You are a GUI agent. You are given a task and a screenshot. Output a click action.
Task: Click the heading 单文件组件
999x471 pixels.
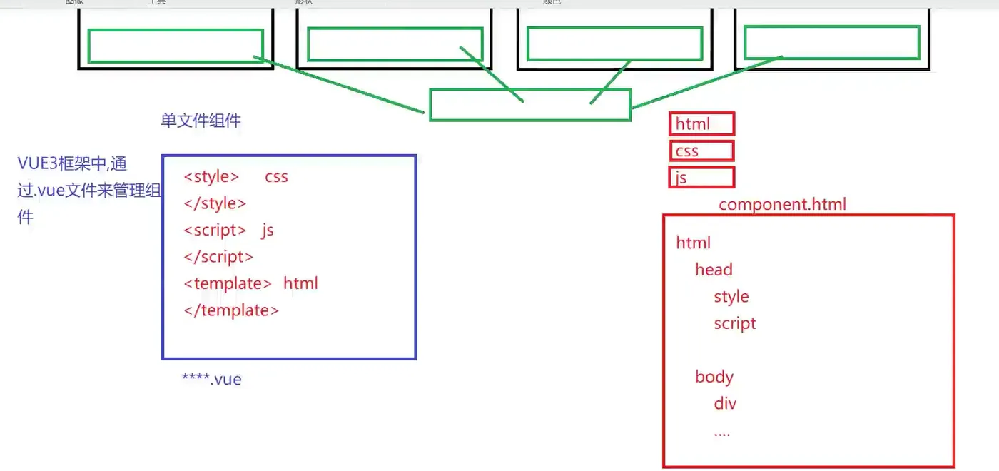pyautogui.click(x=201, y=121)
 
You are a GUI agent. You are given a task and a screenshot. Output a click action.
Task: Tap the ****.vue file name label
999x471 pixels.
pyautogui.click(x=212, y=379)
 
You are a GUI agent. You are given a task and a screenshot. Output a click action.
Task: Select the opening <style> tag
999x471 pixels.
pyautogui.click(x=211, y=176)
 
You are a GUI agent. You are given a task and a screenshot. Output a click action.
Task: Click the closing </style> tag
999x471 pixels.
pyautogui.click(x=215, y=203)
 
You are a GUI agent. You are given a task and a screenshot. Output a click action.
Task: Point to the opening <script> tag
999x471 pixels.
pyautogui.click(x=215, y=230)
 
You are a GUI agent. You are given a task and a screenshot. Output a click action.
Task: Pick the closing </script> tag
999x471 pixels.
pyautogui.click(x=218, y=257)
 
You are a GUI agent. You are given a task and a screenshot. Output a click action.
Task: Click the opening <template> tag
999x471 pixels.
pyautogui.click(x=228, y=283)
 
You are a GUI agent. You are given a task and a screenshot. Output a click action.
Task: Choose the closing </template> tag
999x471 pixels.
pyautogui.click(x=231, y=310)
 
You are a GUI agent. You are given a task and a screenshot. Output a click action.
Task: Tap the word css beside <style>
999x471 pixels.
pyautogui.click(x=276, y=176)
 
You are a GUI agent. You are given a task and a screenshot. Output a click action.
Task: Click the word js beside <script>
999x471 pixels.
pyautogui.click(x=268, y=230)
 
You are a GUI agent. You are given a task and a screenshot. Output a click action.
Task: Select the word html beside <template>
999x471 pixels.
pyautogui.click(x=300, y=283)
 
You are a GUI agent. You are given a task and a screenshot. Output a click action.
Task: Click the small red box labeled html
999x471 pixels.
pyautogui.click(x=702, y=124)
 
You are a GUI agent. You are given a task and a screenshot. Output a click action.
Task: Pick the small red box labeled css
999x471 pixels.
pyautogui.click(x=702, y=151)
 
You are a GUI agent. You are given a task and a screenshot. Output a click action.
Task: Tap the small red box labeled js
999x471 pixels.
pyautogui.click(x=702, y=177)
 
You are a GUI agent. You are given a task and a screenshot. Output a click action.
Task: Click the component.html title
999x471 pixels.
pyautogui.click(x=782, y=204)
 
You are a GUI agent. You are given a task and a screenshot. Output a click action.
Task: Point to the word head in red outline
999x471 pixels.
pyautogui.click(x=714, y=270)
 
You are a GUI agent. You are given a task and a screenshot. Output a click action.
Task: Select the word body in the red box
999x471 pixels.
pyautogui.click(x=714, y=377)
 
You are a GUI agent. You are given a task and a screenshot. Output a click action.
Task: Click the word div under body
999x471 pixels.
pyautogui.click(x=725, y=404)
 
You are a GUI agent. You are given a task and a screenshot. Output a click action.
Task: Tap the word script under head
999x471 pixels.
pyautogui.click(x=735, y=323)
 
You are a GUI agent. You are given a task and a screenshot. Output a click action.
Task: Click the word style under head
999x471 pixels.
pyautogui.click(x=731, y=296)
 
